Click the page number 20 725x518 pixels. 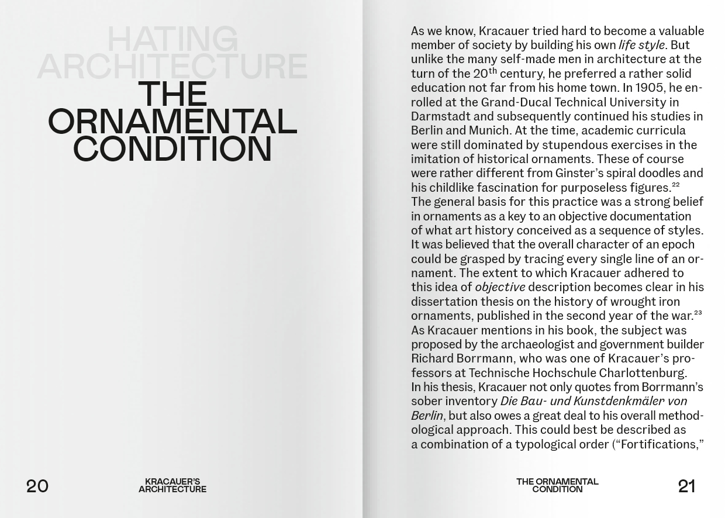37,486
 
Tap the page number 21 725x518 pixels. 686,486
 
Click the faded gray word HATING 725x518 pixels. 172,40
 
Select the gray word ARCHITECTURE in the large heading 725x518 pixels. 172,67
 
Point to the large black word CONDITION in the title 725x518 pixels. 172,149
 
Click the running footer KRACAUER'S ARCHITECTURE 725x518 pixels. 172,485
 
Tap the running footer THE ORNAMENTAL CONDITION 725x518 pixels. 557,485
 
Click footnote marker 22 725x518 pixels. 676,185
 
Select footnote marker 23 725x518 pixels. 698,313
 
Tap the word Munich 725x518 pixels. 489,130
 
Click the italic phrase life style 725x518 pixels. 641,45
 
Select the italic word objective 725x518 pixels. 500,287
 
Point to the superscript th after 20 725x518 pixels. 493,71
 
